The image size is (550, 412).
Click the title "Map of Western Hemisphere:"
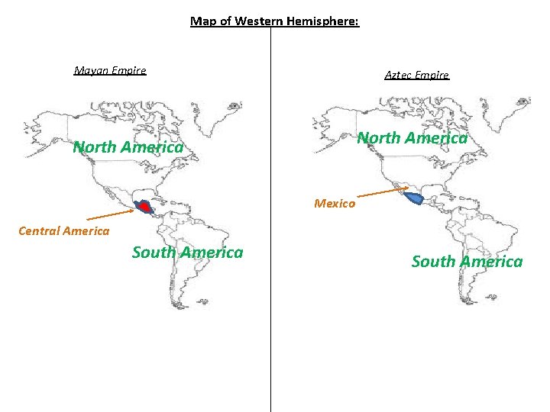274,21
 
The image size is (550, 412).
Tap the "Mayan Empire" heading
110,71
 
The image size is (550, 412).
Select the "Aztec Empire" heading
417,75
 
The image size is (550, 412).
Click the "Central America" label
63,231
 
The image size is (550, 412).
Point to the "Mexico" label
335,204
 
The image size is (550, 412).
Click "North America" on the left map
128,147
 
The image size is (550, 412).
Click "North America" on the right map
412,138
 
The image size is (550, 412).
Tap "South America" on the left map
187,253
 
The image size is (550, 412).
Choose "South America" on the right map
467,262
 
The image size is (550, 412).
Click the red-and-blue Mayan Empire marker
144,206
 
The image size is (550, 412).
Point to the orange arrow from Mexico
382,192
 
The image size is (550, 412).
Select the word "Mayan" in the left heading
89,71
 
